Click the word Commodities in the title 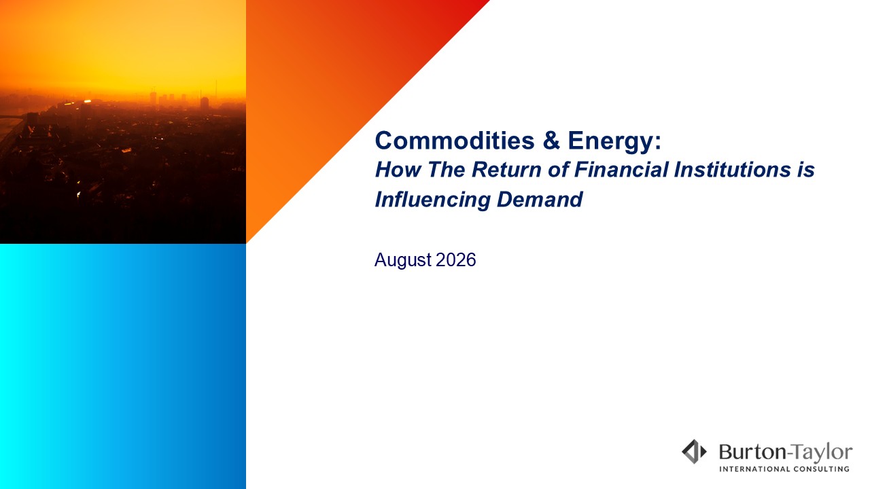pyautogui.click(x=455, y=140)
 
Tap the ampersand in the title pyautogui.click(x=551, y=140)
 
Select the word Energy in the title pyautogui.click(x=610, y=142)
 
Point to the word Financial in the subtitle pyautogui.click(x=621, y=170)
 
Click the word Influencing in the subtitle pyautogui.click(x=433, y=200)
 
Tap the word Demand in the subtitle pyautogui.click(x=540, y=200)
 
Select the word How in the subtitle pyautogui.click(x=398, y=170)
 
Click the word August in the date pyautogui.click(x=403, y=260)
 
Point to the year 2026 pyautogui.click(x=455, y=259)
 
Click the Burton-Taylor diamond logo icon pyautogui.click(x=694, y=452)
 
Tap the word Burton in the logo pyautogui.click(x=752, y=452)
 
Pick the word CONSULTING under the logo pyautogui.click(x=821, y=469)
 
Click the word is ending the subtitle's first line pyautogui.click(x=806, y=170)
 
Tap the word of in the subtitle pyautogui.click(x=558, y=170)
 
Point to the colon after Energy pyautogui.click(x=658, y=143)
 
